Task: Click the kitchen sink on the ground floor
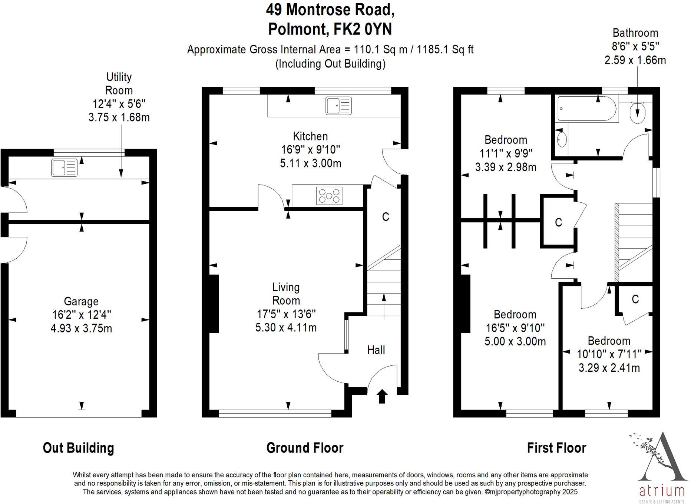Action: tap(339, 106)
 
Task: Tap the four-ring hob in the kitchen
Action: tap(329, 196)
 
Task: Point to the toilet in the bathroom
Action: tap(638, 111)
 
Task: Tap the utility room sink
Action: tap(65, 168)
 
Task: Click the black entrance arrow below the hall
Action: tap(382, 396)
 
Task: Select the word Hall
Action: tap(376, 350)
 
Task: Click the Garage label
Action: tap(81, 302)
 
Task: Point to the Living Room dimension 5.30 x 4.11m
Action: tap(286, 328)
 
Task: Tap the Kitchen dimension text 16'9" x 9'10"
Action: tap(311, 150)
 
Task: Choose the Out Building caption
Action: tap(79, 448)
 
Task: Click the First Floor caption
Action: tap(557, 448)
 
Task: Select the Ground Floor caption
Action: tap(305, 448)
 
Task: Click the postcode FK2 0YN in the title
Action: tap(363, 29)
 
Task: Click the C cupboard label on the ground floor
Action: tap(386, 217)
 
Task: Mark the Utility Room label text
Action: tap(119, 83)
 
